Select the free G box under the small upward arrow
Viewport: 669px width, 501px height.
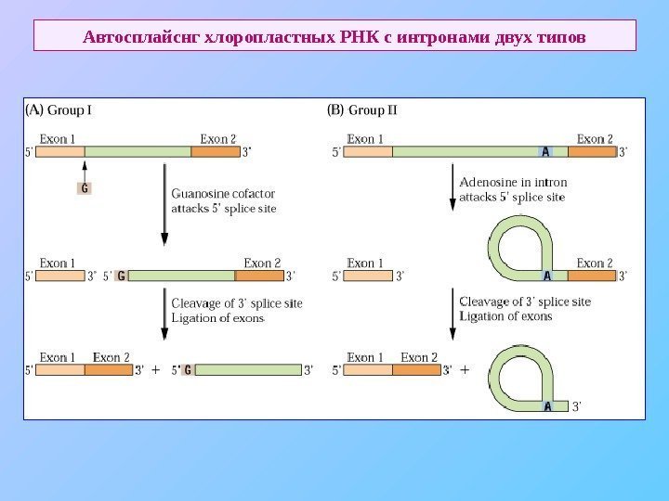tap(85, 188)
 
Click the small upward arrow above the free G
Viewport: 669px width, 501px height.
tap(85, 170)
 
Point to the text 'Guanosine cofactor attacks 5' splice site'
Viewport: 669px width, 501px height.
tap(224, 201)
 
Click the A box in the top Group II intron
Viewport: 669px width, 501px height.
tap(545, 153)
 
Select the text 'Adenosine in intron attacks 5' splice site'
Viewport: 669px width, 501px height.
tap(513, 189)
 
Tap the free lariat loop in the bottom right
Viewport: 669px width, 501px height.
tap(520, 377)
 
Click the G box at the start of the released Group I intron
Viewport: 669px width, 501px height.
tap(189, 370)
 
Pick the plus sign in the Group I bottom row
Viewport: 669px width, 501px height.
tap(155, 370)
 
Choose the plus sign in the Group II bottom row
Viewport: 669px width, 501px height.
tap(465, 370)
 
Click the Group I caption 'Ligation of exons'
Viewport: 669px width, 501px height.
tap(217, 317)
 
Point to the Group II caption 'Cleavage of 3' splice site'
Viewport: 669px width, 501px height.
tap(525, 302)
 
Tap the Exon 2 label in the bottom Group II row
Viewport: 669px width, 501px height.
tap(419, 357)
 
